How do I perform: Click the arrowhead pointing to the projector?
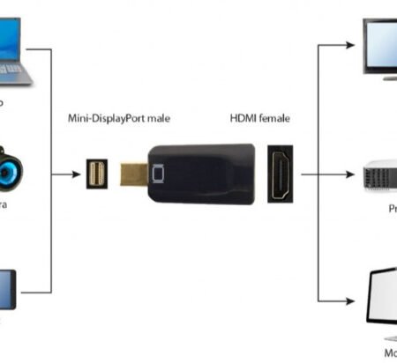pyautogui.click(x=357, y=174)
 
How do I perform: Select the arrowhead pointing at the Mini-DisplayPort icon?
pyautogui.click(x=82, y=173)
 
